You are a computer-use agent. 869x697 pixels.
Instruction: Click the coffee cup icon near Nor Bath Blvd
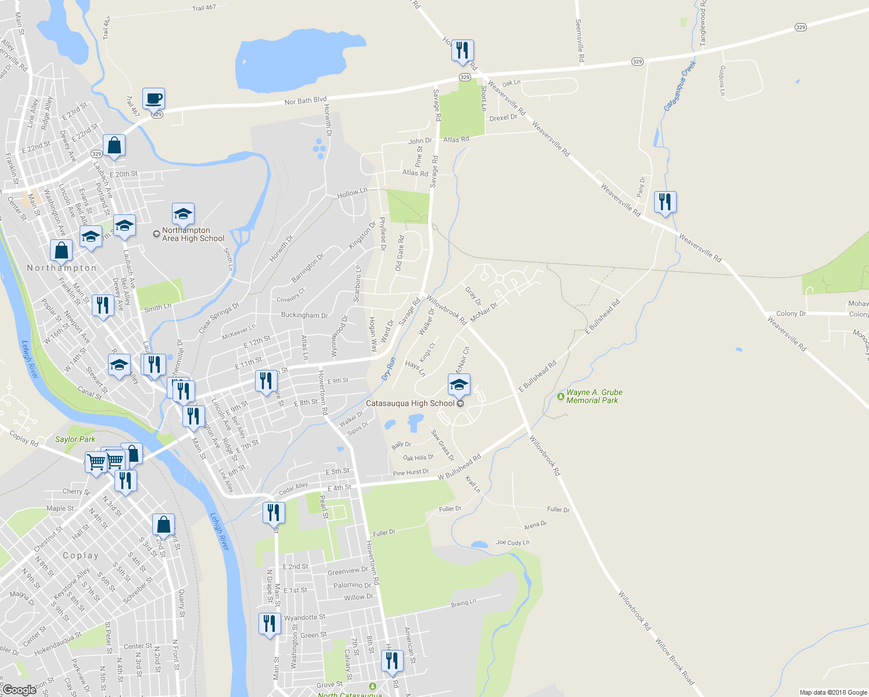pos(153,99)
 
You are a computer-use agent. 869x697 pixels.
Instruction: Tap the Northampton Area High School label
pos(193,235)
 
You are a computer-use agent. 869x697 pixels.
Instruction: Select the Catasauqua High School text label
pos(410,403)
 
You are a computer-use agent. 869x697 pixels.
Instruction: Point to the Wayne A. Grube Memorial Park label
pos(594,397)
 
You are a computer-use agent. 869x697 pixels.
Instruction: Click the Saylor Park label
pos(75,440)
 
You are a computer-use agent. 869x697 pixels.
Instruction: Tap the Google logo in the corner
pos(19,690)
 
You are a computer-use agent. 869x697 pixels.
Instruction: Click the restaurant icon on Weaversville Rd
pos(665,202)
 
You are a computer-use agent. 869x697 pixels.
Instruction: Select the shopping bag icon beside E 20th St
pos(114,146)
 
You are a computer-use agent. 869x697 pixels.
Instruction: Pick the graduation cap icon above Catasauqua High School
pos(459,385)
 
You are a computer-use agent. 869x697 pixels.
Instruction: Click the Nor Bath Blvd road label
pos(306,101)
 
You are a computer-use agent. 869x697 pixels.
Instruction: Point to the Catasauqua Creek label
pos(680,85)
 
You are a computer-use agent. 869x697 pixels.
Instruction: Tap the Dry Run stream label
pos(389,369)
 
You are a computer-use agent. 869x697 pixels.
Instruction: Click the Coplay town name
pos(81,555)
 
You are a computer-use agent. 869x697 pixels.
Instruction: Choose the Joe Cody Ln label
pos(512,542)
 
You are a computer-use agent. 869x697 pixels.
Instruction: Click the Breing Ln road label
pos(464,603)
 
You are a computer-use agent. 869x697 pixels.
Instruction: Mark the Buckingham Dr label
pos(304,315)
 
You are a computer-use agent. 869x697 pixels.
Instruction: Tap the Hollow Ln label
pos(353,192)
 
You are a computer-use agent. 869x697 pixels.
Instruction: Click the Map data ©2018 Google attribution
pos(833,692)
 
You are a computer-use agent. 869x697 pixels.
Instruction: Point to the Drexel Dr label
pos(503,117)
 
